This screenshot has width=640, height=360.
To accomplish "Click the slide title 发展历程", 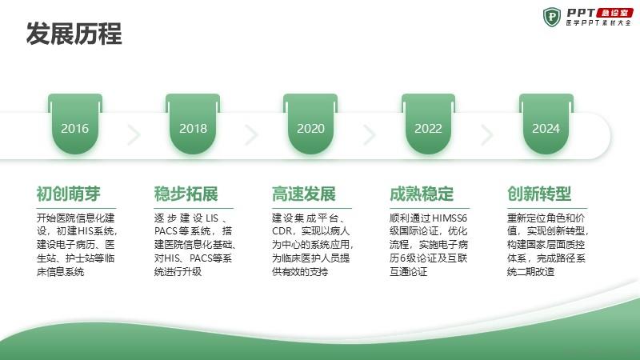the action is (x=74, y=34).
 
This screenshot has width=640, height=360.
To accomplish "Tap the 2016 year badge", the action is (x=75, y=124).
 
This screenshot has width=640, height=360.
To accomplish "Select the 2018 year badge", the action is (x=193, y=124).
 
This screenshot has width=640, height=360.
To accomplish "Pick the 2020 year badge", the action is (x=310, y=124).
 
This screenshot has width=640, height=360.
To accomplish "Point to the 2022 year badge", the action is (x=428, y=124).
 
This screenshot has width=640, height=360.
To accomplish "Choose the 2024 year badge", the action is (x=546, y=124).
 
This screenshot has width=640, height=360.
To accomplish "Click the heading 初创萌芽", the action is (x=69, y=194).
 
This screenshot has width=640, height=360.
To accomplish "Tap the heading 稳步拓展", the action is (x=186, y=194).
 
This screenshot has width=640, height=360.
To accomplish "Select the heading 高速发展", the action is (x=304, y=194).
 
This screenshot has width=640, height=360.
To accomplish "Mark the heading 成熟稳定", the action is (x=422, y=194).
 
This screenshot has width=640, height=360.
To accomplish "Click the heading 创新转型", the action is (x=539, y=194).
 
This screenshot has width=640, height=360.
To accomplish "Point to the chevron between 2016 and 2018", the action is (x=134, y=134).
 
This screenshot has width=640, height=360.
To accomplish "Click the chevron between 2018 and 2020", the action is (x=252, y=134).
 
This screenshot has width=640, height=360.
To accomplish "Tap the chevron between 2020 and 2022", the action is (x=370, y=134).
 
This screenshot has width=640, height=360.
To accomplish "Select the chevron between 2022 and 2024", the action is (x=487, y=134).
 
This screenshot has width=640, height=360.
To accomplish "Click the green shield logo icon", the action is (x=552, y=17).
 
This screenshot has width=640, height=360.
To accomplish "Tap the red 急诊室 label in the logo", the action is (x=614, y=13).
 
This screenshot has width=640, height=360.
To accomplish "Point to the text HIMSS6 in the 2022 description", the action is (x=449, y=218).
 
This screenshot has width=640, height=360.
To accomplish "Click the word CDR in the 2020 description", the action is (x=282, y=231).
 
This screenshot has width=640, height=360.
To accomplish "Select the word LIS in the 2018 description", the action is (x=212, y=218).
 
